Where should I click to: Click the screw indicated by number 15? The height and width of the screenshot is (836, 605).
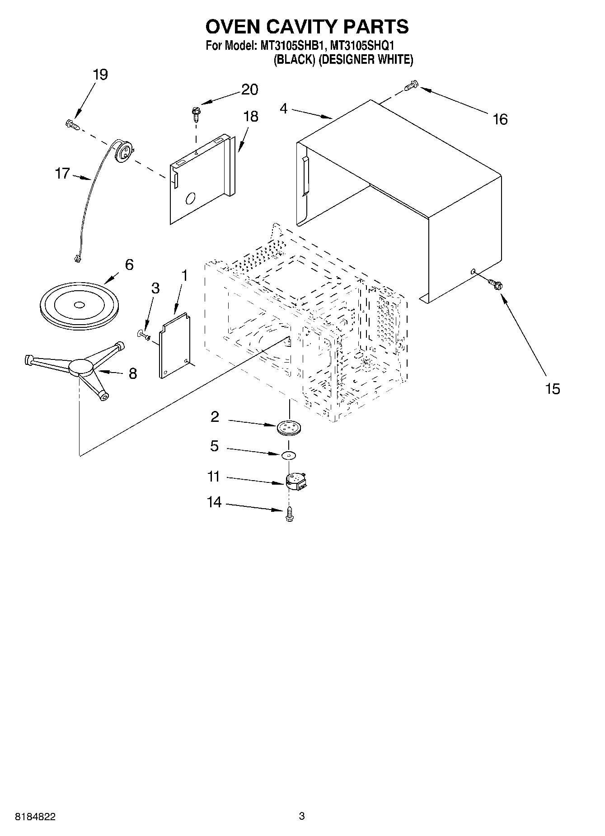click(x=496, y=285)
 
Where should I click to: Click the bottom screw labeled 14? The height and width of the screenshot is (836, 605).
click(x=289, y=514)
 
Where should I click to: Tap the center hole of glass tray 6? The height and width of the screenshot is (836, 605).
click(x=79, y=305)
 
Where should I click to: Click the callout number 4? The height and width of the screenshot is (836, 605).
click(x=283, y=109)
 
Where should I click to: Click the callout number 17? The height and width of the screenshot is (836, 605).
click(x=62, y=173)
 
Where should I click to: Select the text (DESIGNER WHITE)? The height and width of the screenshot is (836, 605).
click(x=366, y=59)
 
